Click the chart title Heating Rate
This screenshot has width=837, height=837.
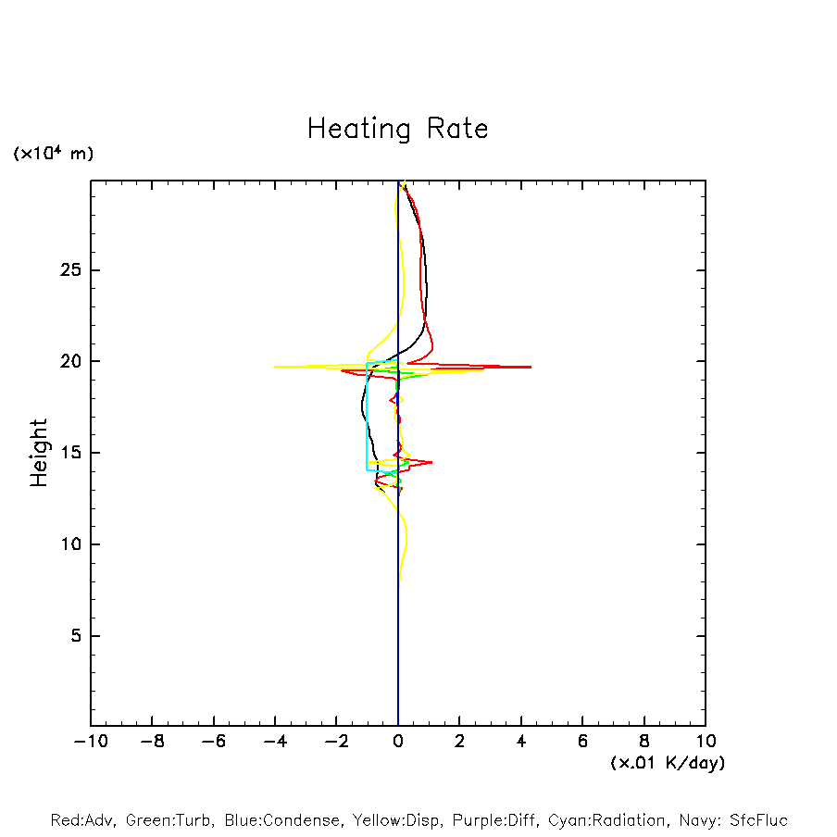(x=397, y=129)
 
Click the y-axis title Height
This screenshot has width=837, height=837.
(x=39, y=453)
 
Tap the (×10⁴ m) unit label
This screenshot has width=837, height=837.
(x=53, y=154)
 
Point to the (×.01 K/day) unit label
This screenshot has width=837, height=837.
(x=667, y=763)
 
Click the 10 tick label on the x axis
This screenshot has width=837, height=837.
(x=705, y=741)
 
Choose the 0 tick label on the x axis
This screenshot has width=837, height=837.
(x=398, y=741)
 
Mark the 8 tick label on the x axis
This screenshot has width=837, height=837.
(x=643, y=741)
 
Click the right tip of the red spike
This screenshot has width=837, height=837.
(x=531, y=367)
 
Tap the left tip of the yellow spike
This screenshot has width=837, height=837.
(x=275, y=367)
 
